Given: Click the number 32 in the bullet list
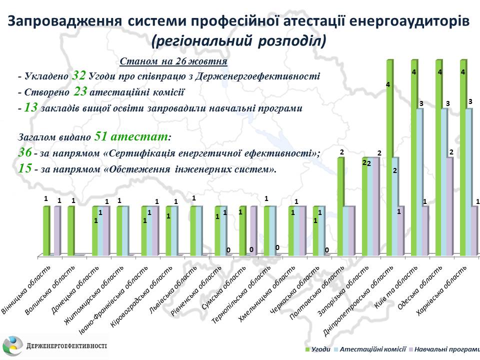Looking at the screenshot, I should [78, 76].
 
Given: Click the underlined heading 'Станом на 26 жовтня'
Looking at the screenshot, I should [173, 61].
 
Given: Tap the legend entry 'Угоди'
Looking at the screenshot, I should [320, 348].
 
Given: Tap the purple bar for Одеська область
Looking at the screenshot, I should [450, 206].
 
